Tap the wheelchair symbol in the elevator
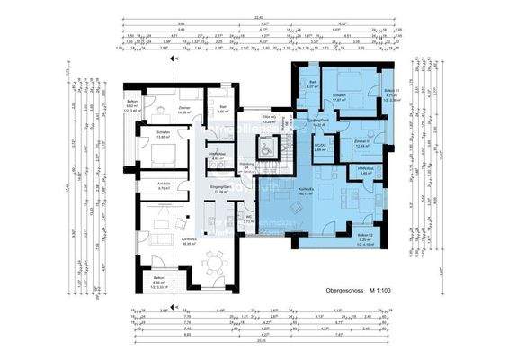tap(268, 147)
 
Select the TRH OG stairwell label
tap(267, 120)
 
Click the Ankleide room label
tap(165, 187)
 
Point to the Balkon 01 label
tap(390, 94)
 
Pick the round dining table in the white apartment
tap(213, 261)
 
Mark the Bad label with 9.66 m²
tap(222, 110)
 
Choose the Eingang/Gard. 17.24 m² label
tap(220, 188)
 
